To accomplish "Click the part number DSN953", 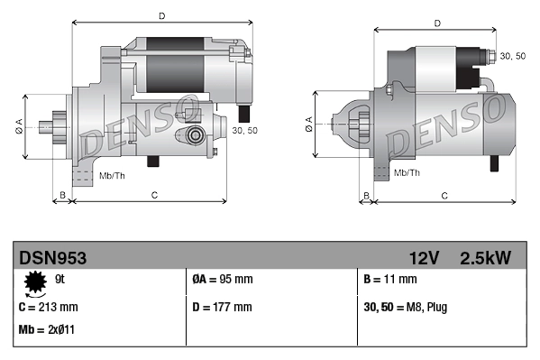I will click(x=52, y=258).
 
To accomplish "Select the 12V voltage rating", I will click(x=423, y=258).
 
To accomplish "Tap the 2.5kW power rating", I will click(x=485, y=258).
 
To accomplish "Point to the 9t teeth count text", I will click(x=60, y=280).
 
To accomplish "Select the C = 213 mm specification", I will click(x=49, y=307).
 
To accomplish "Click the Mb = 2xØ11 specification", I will click(x=46, y=329).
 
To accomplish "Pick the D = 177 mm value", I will click(x=223, y=307).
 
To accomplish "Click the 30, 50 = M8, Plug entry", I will click(x=404, y=307).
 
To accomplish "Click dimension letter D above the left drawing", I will click(x=161, y=15).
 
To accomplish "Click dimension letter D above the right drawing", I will click(x=436, y=23).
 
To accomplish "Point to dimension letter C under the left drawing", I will click(x=154, y=194).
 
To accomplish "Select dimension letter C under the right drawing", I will click(x=444, y=194).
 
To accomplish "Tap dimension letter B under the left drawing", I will click(x=62, y=194).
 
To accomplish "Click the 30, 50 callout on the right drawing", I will click(x=511, y=56).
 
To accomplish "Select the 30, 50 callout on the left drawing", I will click(x=245, y=131).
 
